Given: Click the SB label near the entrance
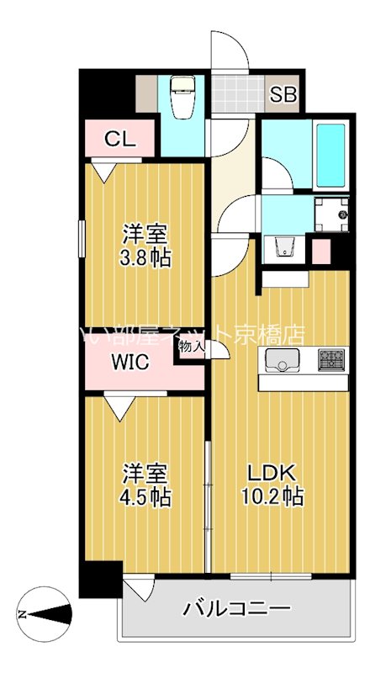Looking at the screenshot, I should click(x=283, y=94).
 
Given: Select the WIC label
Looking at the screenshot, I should click(x=130, y=363).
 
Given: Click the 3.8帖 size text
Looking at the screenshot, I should click(x=145, y=257).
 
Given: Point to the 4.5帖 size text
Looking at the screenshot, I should click(x=145, y=496).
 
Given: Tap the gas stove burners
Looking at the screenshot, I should click(x=331, y=360).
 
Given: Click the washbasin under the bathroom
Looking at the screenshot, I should click(x=283, y=246).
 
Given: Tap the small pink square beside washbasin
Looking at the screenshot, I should click(x=321, y=251).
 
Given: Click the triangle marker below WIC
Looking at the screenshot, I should click(x=121, y=410).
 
